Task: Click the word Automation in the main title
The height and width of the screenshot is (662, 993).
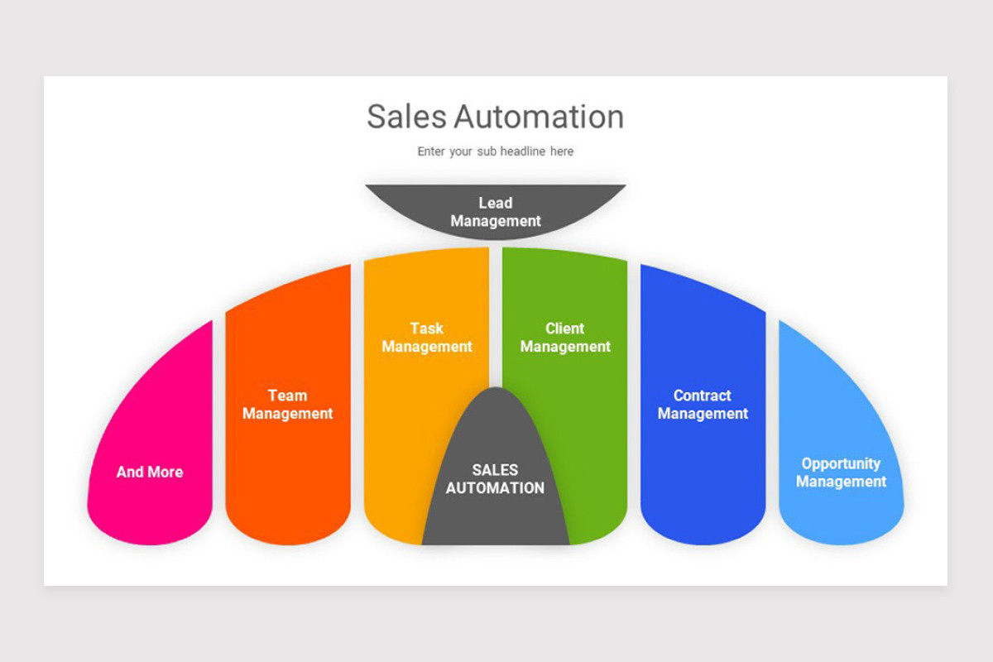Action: [539, 117]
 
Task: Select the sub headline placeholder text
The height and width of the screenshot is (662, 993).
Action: [495, 151]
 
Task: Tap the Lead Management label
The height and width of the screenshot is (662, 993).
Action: [495, 212]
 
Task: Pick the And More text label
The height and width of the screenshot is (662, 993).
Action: [150, 472]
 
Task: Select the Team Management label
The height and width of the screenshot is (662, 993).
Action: [287, 405]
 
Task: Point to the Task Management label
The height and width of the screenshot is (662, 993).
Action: [427, 338]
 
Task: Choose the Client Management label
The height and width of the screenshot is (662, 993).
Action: [565, 338]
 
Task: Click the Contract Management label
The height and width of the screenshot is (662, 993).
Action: [703, 405]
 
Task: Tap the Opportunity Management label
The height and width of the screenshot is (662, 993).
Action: [841, 473]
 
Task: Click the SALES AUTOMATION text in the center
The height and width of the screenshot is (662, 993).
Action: [495, 479]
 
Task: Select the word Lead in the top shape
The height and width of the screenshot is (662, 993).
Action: [495, 203]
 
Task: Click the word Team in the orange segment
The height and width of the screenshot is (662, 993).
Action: [287, 396]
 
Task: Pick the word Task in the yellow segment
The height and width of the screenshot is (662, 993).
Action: [427, 329]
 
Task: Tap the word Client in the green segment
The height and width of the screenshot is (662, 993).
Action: [565, 329]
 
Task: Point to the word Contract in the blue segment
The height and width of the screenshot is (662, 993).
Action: [703, 396]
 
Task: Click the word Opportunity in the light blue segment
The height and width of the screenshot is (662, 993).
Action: [841, 463]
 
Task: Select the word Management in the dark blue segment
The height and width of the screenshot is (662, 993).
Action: [703, 414]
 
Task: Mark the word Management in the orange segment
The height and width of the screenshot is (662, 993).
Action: [287, 414]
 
